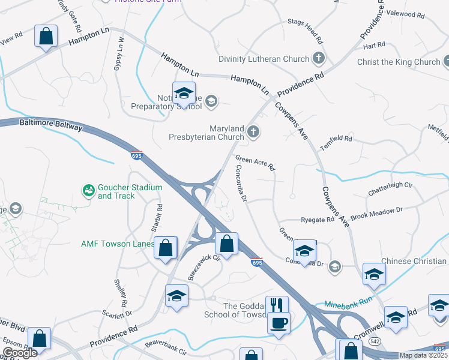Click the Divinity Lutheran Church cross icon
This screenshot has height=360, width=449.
point(319,59)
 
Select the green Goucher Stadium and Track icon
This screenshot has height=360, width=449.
point(88,191)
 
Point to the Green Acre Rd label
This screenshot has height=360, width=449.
point(255,163)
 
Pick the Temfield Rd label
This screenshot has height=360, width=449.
point(336,139)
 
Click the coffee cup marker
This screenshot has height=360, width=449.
point(279,323)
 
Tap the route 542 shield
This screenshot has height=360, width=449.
point(375,341)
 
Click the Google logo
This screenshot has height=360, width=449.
point(20,353)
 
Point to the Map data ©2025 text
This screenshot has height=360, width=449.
point(423,355)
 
